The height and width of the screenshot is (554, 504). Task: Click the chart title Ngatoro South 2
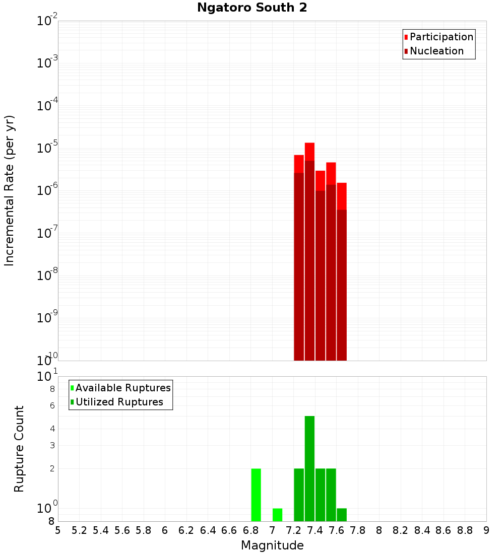tap(252, 8)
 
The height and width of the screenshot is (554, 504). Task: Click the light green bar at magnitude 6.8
tap(256, 495)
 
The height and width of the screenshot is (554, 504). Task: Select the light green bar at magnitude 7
tap(277, 515)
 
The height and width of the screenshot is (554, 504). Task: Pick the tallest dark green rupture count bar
tap(309, 468)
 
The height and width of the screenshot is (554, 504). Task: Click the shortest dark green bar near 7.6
tap(342, 515)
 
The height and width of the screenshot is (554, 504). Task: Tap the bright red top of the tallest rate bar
tap(309, 151)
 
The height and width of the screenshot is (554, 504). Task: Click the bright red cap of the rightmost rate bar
tap(342, 195)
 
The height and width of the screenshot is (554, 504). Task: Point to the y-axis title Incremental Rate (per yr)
tap(10, 190)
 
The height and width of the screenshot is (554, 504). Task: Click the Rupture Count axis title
tap(19, 448)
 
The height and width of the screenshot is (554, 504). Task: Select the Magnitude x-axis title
tap(272, 545)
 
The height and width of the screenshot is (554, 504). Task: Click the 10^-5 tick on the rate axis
tap(47, 148)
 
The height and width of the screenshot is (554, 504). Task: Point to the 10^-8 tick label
tap(47, 275)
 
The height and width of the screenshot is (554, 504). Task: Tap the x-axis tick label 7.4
tap(315, 530)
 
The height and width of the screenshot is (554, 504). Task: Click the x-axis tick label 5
tap(58, 530)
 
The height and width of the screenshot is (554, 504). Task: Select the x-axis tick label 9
tap(486, 530)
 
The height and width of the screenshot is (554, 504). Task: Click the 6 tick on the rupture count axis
tap(52, 405)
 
